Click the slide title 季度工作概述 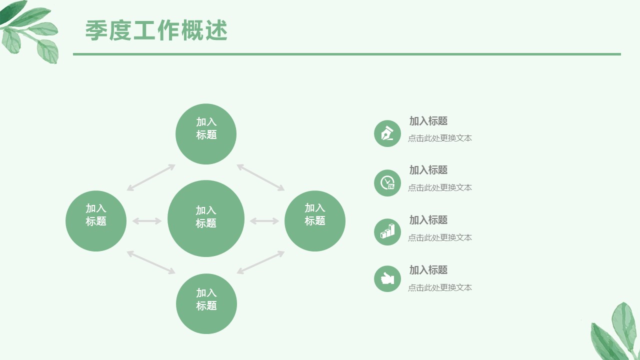click(x=156, y=30)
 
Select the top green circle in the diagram click(x=206, y=134)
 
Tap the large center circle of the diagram click(x=206, y=218)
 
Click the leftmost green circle click(x=96, y=220)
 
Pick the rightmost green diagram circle click(x=315, y=220)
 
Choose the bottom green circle click(x=206, y=303)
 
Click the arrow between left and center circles click(x=147, y=221)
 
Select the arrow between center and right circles click(x=264, y=221)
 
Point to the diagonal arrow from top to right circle click(x=260, y=177)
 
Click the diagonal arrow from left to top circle click(x=151, y=177)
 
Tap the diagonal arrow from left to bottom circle click(x=151, y=262)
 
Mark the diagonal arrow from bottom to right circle click(x=260, y=262)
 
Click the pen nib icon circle click(x=387, y=133)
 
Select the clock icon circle click(x=387, y=183)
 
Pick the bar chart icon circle click(x=387, y=232)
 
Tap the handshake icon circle click(x=387, y=278)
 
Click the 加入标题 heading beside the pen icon click(x=428, y=121)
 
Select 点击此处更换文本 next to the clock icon click(x=440, y=187)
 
